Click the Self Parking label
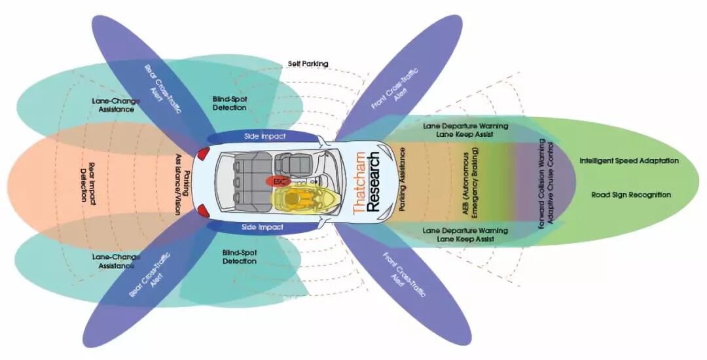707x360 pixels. [x=308, y=64]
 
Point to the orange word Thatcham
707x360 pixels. [x=358, y=183]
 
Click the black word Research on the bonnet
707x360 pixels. [x=373, y=183]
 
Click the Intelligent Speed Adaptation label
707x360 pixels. [x=628, y=160]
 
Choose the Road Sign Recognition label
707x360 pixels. [x=631, y=194]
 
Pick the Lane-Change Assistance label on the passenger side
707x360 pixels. [x=113, y=105]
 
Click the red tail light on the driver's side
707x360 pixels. [x=204, y=211]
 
